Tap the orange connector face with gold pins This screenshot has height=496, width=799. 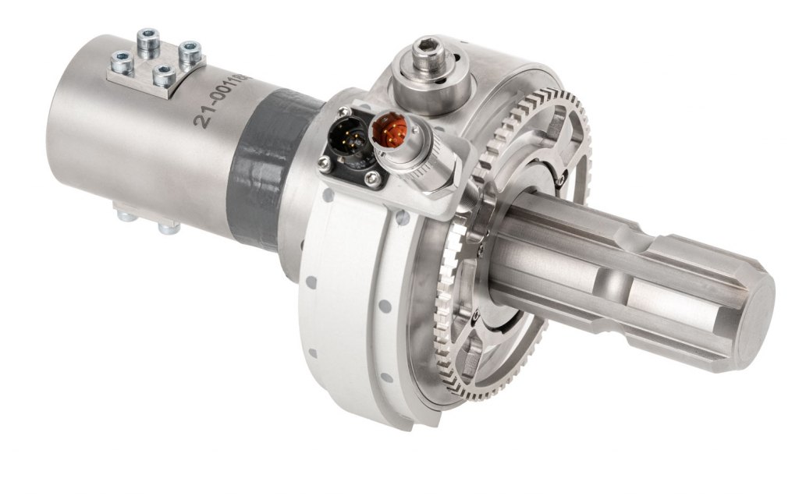coord(388,128)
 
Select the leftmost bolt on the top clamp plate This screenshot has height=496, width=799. coord(122,60)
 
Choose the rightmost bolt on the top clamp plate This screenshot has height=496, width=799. coord(190,52)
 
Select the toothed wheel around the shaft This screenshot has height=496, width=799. coord(499,250)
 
